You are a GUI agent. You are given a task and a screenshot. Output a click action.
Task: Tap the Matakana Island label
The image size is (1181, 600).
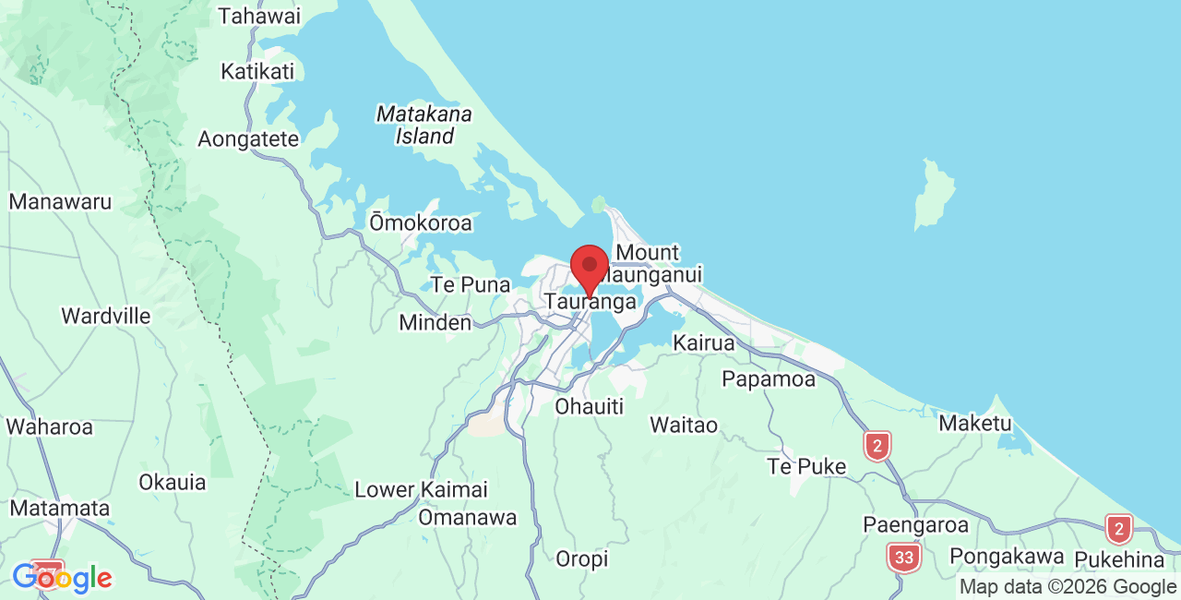click(424, 125)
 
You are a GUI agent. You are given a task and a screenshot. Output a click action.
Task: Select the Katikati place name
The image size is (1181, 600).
click(257, 71)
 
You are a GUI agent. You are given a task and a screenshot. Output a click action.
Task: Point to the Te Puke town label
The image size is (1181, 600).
click(806, 466)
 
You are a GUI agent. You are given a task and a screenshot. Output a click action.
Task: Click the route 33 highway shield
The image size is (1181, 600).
click(904, 557)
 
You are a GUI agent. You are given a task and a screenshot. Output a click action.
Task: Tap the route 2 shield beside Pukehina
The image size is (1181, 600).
click(1119, 529)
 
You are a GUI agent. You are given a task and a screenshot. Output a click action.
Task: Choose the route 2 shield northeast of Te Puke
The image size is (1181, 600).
click(877, 446)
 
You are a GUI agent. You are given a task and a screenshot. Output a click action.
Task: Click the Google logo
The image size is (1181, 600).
click(62, 579)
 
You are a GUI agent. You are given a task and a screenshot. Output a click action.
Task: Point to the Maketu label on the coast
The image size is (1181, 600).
click(975, 424)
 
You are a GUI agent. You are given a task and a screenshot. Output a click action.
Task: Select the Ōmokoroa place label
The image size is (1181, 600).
click(421, 222)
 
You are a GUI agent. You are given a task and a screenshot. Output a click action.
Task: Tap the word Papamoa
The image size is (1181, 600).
click(769, 379)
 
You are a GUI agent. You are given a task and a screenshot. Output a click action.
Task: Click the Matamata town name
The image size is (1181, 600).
click(60, 508)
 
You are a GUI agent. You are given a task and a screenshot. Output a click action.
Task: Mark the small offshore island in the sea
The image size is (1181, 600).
click(934, 193)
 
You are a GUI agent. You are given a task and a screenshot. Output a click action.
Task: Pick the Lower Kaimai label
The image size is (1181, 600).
click(421, 489)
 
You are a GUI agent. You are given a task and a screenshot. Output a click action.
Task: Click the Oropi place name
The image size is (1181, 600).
click(582, 558)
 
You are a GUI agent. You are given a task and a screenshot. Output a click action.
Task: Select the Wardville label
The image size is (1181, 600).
click(106, 316)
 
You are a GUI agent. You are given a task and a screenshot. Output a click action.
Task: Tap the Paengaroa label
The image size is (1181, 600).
click(916, 524)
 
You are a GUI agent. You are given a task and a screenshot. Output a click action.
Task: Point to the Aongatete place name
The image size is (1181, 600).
click(249, 139)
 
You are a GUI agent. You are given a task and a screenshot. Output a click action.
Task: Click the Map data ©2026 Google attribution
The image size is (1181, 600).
click(1068, 586)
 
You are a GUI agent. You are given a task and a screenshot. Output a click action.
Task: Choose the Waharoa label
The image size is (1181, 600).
click(50, 427)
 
